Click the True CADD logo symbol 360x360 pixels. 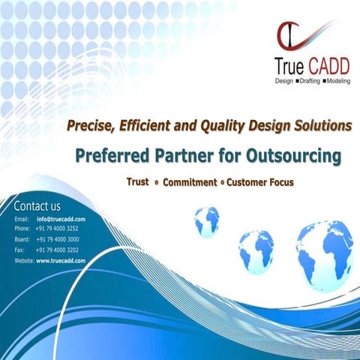click(x=289, y=37)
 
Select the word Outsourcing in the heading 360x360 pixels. click(x=295, y=156)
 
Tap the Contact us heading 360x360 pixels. click(x=37, y=205)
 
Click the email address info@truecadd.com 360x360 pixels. click(x=61, y=219)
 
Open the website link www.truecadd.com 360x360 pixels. click(x=61, y=259)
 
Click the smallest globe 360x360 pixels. click(x=206, y=220)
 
